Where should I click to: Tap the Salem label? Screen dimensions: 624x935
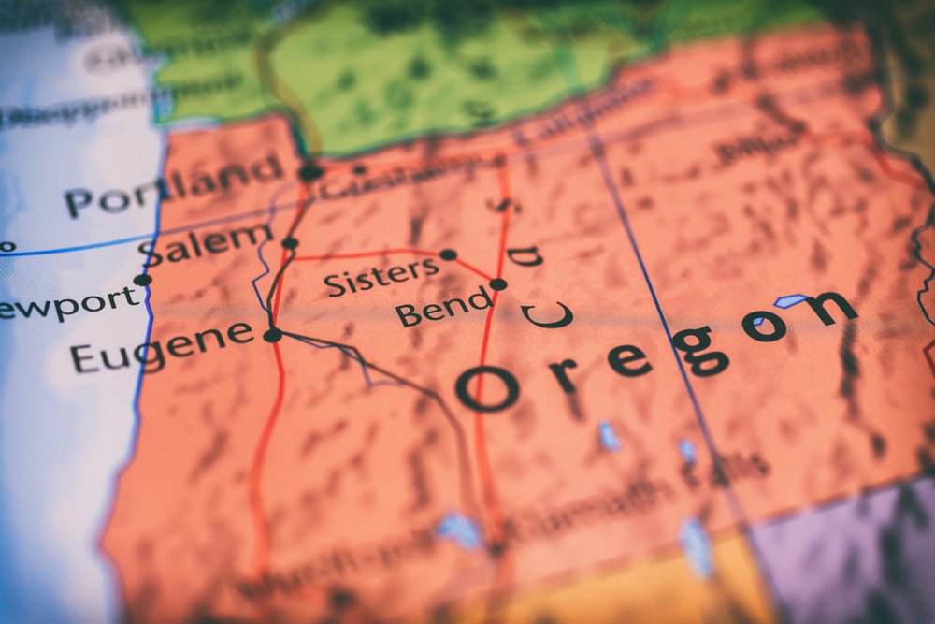point(204,244)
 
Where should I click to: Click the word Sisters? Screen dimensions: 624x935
point(381,277)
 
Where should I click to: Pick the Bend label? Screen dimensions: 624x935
point(443,307)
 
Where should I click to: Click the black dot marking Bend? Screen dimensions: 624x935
point(498,283)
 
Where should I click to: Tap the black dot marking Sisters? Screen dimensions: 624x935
point(448,254)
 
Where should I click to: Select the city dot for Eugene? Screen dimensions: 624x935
point(272,335)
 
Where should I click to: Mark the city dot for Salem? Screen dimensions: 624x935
point(290,243)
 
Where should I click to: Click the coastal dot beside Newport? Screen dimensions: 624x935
point(142,279)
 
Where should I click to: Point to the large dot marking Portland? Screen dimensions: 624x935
point(310,171)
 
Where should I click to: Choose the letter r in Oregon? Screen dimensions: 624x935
point(562,374)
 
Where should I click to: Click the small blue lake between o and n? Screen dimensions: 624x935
point(791,301)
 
